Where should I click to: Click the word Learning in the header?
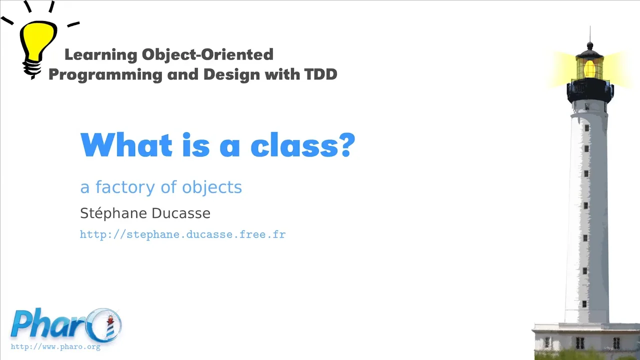(x=101, y=54)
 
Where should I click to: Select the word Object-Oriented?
(x=207, y=54)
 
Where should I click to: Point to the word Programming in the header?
(x=105, y=75)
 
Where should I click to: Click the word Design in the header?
(x=231, y=74)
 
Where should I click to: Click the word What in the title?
(x=126, y=144)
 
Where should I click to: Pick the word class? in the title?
(x=303, y=144)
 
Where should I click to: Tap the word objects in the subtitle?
(x=212, y=188)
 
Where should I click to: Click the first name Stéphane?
(x=113, y=213)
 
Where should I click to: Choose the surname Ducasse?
(x=181, y=213)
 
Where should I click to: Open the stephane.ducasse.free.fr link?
(x=183, y=234)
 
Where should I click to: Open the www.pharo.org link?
(x=55, y=347)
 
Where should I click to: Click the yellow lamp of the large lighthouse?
(x=589, y=68)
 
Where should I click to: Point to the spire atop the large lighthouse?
(x=590, y=35)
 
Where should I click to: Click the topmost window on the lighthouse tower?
(x=587, y=127)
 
